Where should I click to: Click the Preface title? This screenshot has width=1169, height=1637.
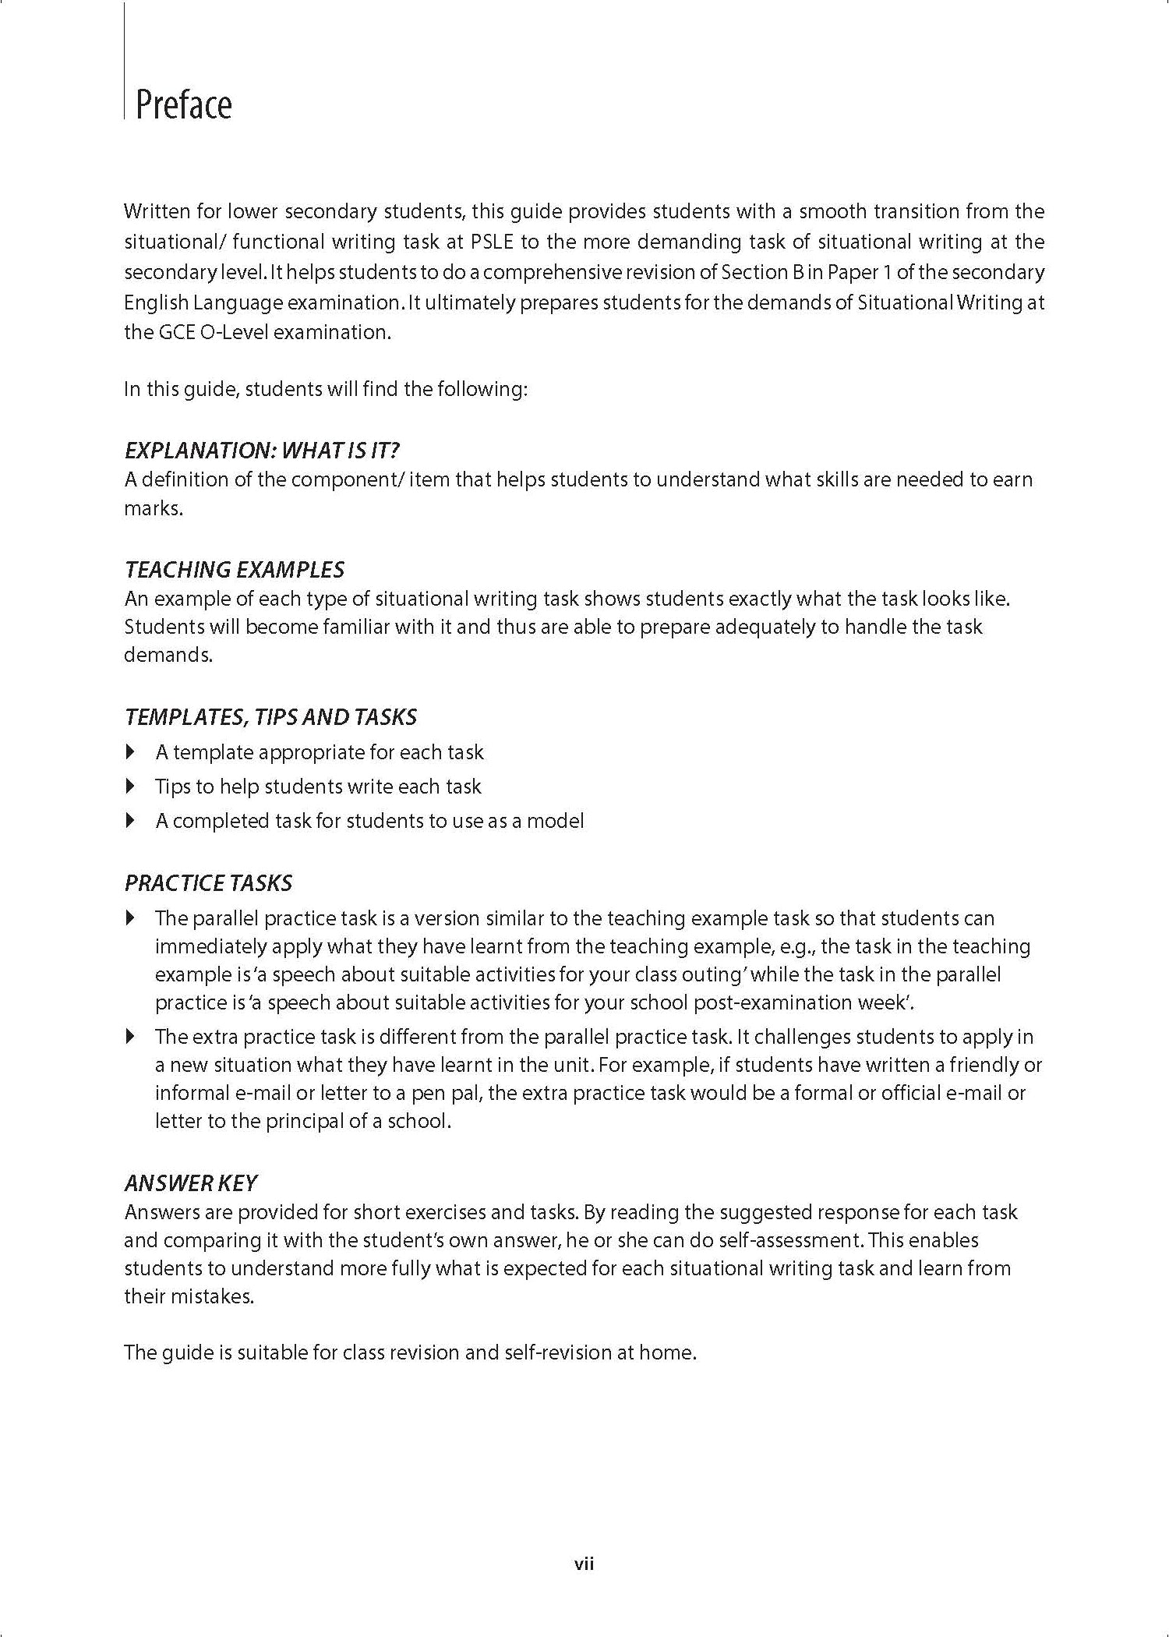coord(184,105)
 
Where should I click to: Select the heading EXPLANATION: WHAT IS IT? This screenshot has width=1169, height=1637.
coord(262,451)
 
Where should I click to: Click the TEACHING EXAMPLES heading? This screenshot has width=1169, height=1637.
coord(234,570)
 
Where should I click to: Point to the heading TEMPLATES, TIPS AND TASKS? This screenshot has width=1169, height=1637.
coord(270,717)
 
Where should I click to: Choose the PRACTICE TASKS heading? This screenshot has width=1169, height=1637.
coord(208,883)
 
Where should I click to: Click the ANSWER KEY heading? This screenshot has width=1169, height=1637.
coord(190,1183)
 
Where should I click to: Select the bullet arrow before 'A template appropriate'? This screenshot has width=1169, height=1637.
coord(130,752)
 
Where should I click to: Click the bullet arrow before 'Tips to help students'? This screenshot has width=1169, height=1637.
coord(130,787)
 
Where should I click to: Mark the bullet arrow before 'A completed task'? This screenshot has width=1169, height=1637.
coord(130,821)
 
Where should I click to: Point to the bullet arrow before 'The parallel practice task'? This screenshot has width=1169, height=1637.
coord(130,918)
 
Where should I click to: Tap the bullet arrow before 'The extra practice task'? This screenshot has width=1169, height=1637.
coord(130,1037)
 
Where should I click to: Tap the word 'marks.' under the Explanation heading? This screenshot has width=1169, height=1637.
coord(154,509)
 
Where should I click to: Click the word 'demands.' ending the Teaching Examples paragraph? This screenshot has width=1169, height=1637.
coord(168,655)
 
